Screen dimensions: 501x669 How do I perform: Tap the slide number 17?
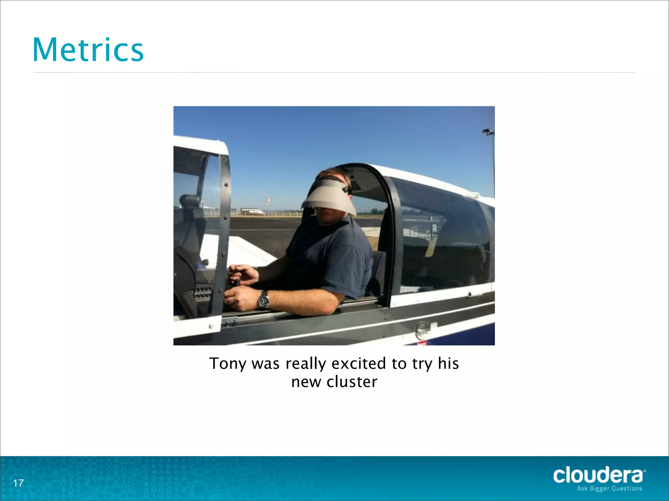18,483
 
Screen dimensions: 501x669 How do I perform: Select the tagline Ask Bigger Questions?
609,489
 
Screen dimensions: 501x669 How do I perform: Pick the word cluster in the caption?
352,382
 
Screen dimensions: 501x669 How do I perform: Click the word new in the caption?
306,382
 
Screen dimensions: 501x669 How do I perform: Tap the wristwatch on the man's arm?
263,299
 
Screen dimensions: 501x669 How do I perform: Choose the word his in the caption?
448,363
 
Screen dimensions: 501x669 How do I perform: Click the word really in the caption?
306,364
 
